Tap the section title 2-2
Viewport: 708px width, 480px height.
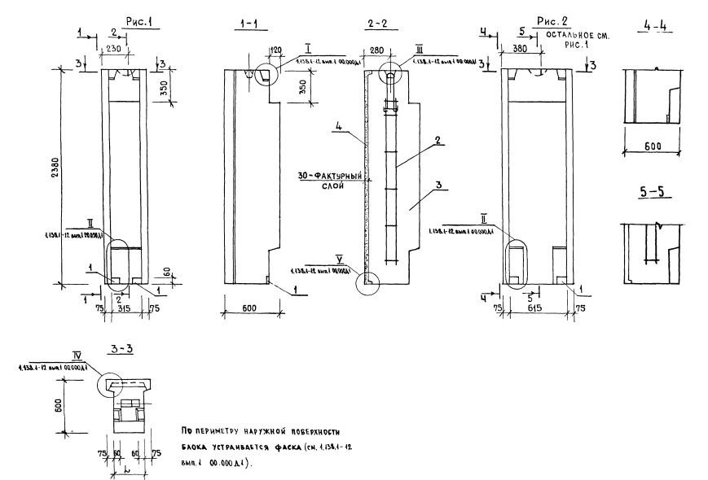tap(375, 25)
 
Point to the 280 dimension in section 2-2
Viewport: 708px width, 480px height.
tap(377, 50)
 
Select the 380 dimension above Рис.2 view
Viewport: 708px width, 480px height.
tap(519, 48)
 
